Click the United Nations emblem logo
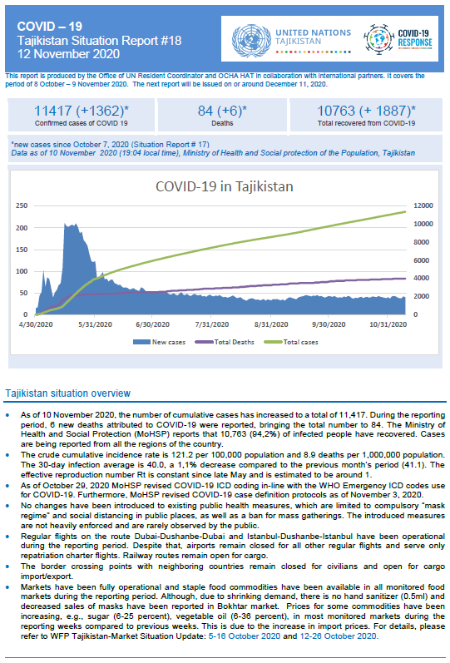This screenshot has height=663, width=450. click(x=251, y=41)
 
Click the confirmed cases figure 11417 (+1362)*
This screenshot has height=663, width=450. click(x=82, y=111)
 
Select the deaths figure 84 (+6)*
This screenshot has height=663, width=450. click(x=222, y=111)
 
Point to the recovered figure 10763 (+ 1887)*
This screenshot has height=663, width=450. click(x=366, y=111)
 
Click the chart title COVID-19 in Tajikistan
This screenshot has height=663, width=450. click(x=224, y=186)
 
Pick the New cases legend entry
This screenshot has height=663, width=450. click(x=159, y=342)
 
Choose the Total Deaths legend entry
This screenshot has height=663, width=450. click(x=225, y=342)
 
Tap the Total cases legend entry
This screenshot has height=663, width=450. click(x=291, y=342)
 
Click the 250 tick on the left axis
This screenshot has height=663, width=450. click(x=22, y=205)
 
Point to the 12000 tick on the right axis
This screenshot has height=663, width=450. click(x=423, y=205)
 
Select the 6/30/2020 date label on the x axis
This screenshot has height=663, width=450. click(x=152, y=324)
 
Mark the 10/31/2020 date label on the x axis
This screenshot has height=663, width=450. click(x=388, y=324)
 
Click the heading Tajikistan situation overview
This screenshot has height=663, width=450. click(x=68, y=393)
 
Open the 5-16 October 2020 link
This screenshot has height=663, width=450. click(x=245, y=636)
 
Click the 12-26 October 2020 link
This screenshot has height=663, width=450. click(x=339, y=636)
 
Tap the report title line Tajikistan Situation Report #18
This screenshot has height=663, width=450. click(x=99, y=41)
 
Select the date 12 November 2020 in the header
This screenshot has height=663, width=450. click(x=68, y=54)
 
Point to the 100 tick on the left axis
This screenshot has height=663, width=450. click(x=22, y=271)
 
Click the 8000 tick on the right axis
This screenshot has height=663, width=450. click(x=422, y=242)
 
